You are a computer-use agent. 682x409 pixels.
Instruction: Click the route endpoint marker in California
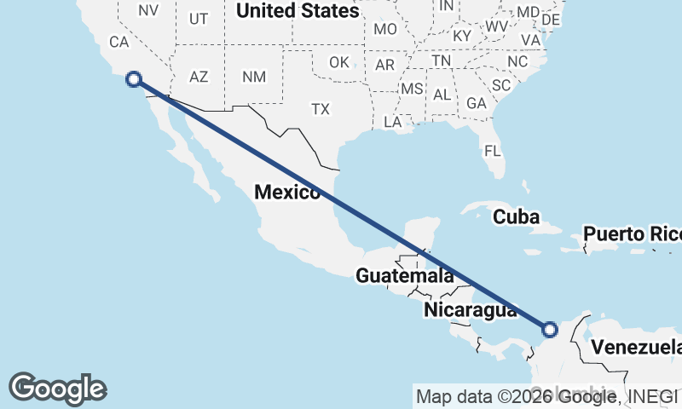134,79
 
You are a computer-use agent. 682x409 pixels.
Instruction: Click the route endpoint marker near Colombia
550,329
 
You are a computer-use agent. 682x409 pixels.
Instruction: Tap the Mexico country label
287,193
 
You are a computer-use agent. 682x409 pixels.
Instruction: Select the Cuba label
516,217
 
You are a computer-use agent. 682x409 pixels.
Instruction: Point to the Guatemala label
404,276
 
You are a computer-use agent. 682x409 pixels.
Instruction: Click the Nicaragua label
470,310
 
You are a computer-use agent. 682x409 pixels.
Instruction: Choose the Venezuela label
636,347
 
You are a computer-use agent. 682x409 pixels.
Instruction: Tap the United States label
298,11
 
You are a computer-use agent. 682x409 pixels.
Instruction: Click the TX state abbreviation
320,109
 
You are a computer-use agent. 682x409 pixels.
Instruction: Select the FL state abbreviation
493,151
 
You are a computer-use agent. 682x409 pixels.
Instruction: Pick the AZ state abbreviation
199,77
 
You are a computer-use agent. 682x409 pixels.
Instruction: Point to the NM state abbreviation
253,77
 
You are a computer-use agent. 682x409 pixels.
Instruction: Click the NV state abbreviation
148,10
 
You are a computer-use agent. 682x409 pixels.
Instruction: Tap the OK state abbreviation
339,62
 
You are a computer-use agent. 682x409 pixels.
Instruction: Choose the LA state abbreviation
393,122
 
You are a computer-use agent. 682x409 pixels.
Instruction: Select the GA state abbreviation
477,102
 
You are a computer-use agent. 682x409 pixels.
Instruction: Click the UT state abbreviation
199,18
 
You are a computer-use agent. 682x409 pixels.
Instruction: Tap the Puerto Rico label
632,233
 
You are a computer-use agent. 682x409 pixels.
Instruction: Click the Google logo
57,388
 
